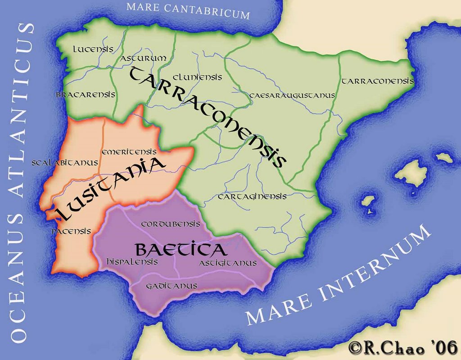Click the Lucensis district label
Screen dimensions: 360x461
tap(93, 49)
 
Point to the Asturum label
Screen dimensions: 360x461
tap(144, 58)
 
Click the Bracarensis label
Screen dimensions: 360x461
tap(86, 95)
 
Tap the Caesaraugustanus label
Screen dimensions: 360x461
tap(292, 95)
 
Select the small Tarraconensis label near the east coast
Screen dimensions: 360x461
tap(377, 81)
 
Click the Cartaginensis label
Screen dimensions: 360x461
tap(252, 197)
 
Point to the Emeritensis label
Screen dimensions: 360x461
tap(129, 152)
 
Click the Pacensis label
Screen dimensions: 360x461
tap(71, 231)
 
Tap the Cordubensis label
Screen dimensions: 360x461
tap(171, 224)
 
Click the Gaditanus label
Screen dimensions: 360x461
tap(172, 286)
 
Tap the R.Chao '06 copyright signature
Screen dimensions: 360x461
tap(402, 347)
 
